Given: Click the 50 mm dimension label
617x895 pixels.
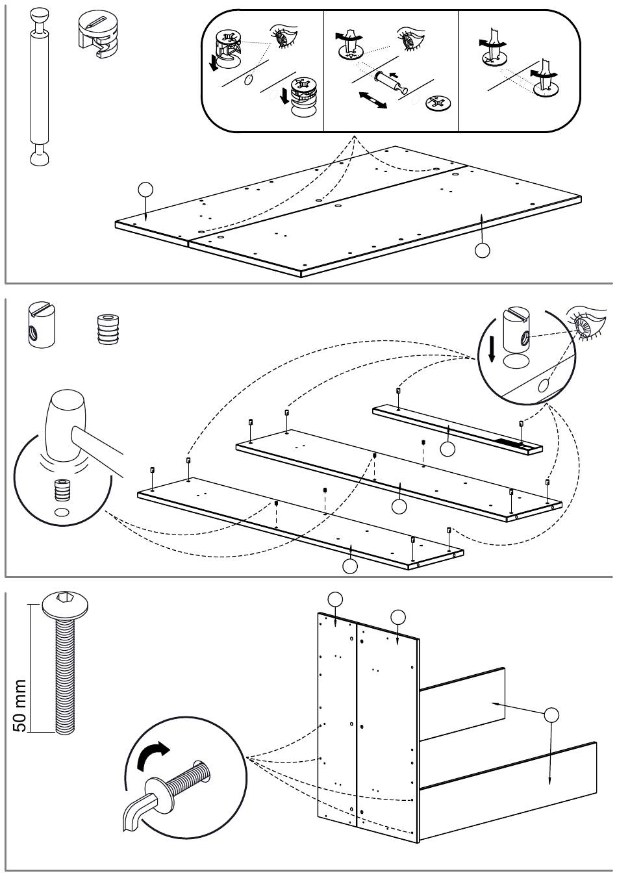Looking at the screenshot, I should [19, 705].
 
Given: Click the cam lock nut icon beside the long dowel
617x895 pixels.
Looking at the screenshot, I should [97, 32].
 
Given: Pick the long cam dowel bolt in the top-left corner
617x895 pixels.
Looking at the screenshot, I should [39, 84].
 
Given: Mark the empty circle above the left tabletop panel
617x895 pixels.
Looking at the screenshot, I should [146, 190].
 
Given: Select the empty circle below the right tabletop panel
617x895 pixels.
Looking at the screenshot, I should [482, 249].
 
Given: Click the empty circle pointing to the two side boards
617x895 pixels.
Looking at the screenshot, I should [551, 715].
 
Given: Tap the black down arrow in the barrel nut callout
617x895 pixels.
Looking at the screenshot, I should [492, 348].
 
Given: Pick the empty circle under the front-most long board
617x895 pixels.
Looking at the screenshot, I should [350, 566].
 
